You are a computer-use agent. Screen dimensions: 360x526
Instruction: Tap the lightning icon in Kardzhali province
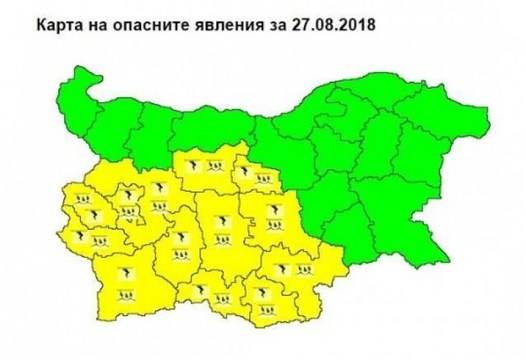click(262, 293)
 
